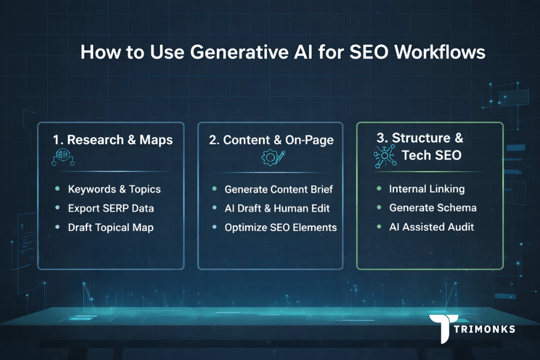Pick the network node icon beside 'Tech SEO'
(385, 155)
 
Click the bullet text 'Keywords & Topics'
(114, 189)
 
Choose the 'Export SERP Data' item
(111, 208)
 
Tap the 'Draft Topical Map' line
(111, 227)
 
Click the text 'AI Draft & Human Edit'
(277, 208)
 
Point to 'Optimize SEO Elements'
(281, 227)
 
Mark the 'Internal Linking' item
(427, 189)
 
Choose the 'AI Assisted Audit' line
(431, 227)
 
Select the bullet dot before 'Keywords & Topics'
(56, 189)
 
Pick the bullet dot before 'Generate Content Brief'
(214, 189)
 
